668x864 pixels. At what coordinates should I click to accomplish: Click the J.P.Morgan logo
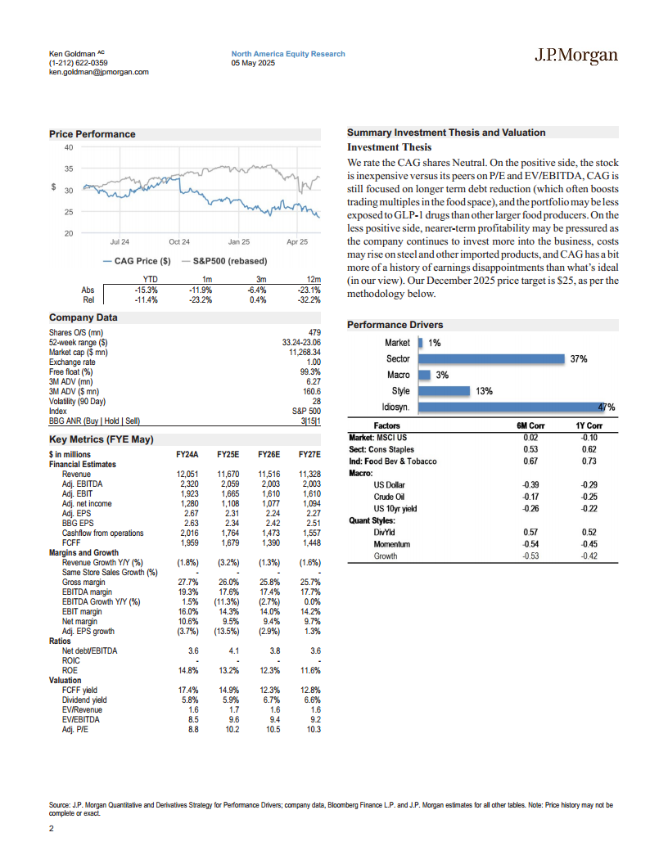tap(575, 56)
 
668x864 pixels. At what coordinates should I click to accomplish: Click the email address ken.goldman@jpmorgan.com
tap(99, 72)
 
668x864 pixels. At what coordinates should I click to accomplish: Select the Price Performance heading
tap(93, 134)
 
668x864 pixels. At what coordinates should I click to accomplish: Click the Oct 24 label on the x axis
tap(179, 242)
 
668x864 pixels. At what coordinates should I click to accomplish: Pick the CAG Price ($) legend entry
tap(138, 261)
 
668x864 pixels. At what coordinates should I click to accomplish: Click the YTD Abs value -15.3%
tap(144, 290)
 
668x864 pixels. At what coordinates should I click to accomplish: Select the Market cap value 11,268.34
tap(299, 352)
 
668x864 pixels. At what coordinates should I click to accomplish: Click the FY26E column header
tap(268, 454)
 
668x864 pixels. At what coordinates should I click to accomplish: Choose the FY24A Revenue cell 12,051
tap(187, 474)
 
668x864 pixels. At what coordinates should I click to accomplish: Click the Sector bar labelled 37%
tap(492, 358)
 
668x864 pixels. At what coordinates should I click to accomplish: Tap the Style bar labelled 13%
tap(444, 391)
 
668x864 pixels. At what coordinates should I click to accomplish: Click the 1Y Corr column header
tap(589, 426)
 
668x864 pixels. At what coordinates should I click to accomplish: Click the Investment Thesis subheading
tap(389, 147)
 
